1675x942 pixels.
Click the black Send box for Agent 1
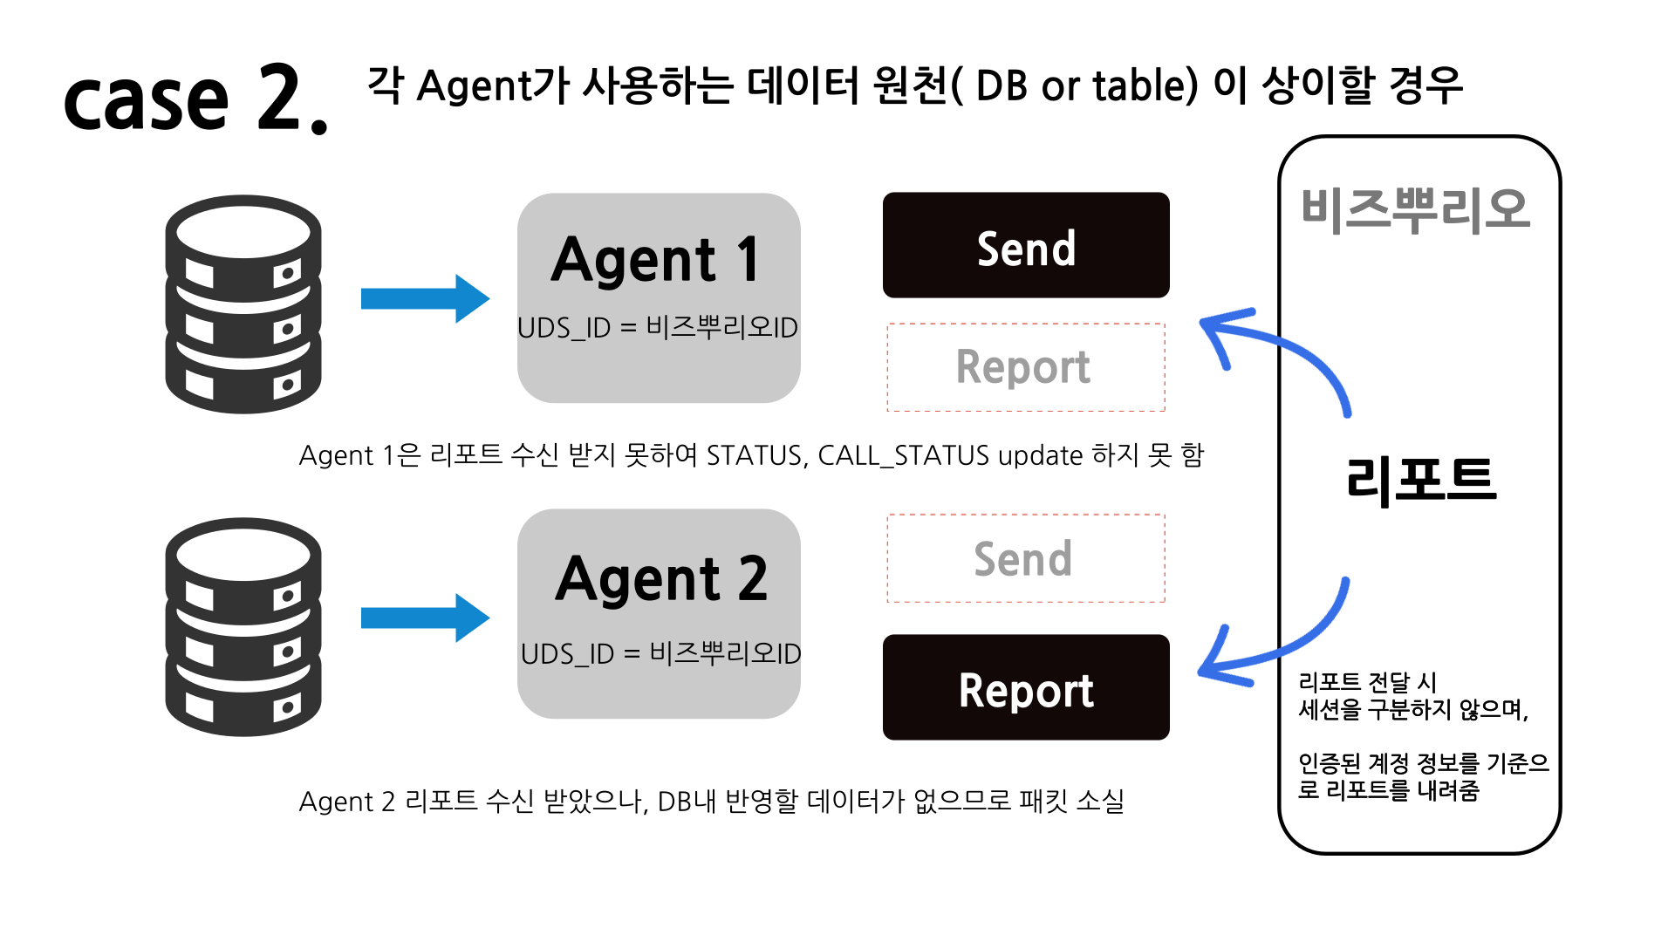(x=1026, y=246)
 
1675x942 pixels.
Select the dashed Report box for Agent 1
(x=1026, y=367)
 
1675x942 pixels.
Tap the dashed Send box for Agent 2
(x=1026, y=558)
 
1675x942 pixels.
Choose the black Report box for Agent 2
(x=1026, y=688)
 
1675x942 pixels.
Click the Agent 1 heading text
(x=656, y=260)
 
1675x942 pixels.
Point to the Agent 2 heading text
(x=661, y=579)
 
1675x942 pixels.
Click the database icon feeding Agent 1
(x=243, y=304)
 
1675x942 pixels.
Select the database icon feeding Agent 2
(x=243, y=626)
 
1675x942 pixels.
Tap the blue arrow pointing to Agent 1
(x=425, y=299)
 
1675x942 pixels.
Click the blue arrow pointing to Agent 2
(x=425, y=618)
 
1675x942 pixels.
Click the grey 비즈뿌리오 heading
(x=1415, y=211)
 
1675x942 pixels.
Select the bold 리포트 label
(x=1420, y=480)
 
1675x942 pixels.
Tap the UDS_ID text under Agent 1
(x=658, y=328)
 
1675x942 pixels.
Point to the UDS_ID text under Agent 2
(x=660, y=653)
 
